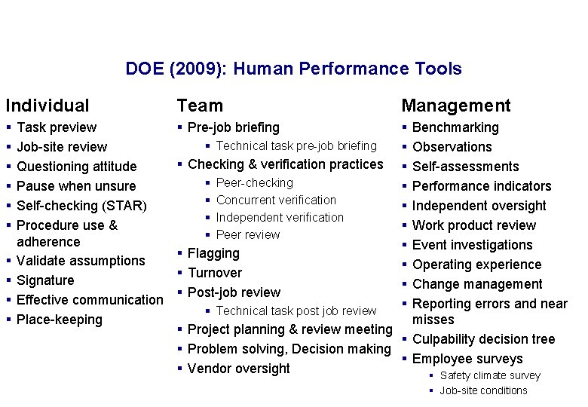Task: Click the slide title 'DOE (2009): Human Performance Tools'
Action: [x=293, y=69]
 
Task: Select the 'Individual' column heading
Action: [x=47, y=106]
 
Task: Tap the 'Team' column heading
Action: [x=200, y=106]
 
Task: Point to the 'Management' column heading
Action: [x=455, y=106]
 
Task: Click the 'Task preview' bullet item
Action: [x=57, y=127]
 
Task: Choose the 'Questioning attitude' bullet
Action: [x=76, y=167]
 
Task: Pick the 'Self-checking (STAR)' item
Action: [x=81, y=206]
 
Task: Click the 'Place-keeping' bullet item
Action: [x=59, y=320]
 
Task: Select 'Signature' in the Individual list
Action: [x=45, y=280]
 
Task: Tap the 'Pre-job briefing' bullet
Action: [x=233, y=127]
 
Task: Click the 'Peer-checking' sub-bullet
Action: [x=254, y=183]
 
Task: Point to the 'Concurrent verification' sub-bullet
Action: [x=276, y=200]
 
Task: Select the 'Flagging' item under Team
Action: [x=213, y=254]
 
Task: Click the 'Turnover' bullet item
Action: [x=215, y=273]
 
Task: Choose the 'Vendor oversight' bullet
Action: [x=238, y=369]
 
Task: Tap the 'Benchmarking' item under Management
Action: [x=455, y=127]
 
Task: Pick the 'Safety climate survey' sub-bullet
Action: [x=490, y=376]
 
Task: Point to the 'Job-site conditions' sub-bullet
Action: [x=483, y=390]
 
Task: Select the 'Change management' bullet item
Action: [x=477, y=284]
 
